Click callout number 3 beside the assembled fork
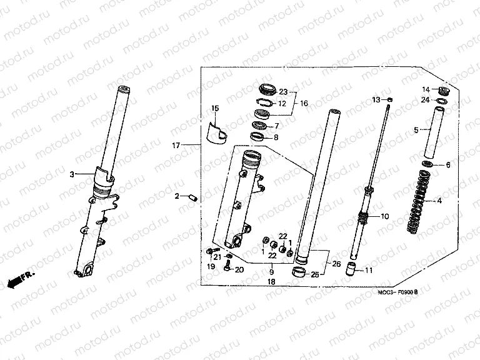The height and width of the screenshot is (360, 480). [72, 174]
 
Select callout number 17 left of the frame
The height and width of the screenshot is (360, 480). [176, 145]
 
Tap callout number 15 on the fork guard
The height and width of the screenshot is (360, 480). [215, 109]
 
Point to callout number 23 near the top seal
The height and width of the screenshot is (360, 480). [282, 91]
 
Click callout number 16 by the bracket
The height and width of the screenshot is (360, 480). [304, 103]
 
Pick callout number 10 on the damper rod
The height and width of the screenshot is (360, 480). [384, 216]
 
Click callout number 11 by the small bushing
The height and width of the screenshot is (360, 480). [369, 270]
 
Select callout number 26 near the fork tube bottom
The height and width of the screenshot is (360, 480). [337, 264]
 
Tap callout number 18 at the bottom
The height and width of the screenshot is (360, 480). [271, 282]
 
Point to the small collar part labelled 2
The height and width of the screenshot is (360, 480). [193, 197]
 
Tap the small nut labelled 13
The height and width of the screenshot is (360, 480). [390, 99]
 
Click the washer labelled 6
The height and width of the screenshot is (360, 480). [428, 164]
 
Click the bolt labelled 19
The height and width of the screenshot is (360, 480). [209, 252]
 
